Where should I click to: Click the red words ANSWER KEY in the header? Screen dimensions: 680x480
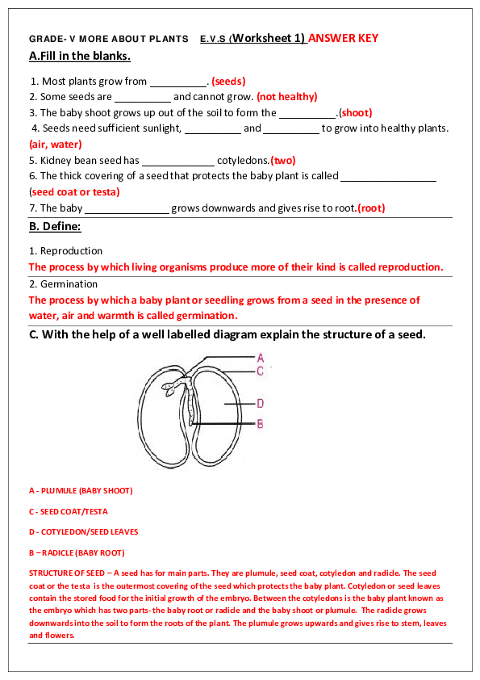click(343, 38)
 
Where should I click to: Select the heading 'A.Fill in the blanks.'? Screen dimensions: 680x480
click(79, 57)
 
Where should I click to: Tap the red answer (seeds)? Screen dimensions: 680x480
click(228, 81)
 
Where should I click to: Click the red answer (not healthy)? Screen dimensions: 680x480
click(286, 97)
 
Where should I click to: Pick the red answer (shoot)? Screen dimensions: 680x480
click(355, 113)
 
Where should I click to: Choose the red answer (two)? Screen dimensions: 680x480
click(283, 160)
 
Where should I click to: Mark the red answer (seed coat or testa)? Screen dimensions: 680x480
click(74, 192)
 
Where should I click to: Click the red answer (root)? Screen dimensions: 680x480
click(371, 208)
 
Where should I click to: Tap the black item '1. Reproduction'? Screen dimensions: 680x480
click(65, 251)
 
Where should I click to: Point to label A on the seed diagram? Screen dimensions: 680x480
click(260, 357)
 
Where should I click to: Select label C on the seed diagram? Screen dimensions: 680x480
click(260, 371)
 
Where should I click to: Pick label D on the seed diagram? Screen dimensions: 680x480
click(261, 403)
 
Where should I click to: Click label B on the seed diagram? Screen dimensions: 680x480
click(260, 423)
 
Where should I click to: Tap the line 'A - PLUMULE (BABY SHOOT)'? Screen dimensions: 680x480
click(81, 490)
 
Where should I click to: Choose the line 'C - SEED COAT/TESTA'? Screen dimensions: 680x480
click(69, 511)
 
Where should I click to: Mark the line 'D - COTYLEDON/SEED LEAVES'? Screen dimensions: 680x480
click(83, 532)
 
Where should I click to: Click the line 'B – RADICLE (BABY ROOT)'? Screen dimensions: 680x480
click(77, 553)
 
